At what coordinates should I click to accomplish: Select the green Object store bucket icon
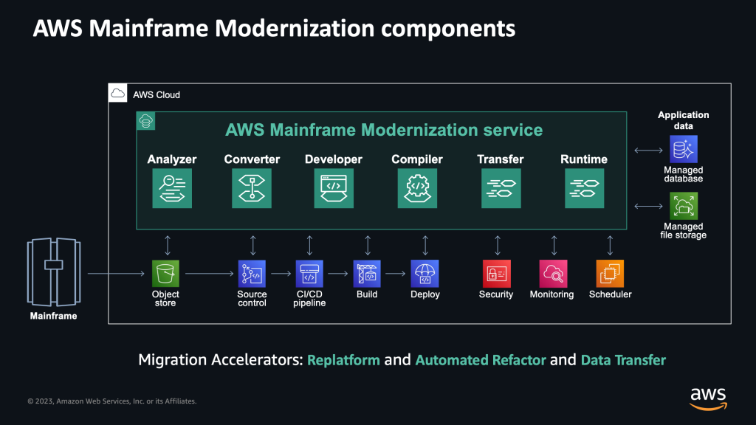165,273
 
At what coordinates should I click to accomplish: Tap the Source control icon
252,273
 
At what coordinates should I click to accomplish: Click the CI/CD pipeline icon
309,273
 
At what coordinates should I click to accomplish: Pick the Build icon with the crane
367,273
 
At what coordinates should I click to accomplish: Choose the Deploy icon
425,273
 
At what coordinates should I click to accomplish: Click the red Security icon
495,273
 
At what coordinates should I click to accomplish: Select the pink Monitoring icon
552,273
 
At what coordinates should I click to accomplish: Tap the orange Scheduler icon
610,273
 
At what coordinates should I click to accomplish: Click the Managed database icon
683,151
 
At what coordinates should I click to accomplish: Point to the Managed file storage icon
683,206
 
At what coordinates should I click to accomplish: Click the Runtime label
584,159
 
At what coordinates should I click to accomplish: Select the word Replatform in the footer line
343,360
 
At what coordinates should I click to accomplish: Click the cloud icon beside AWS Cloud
118,94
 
